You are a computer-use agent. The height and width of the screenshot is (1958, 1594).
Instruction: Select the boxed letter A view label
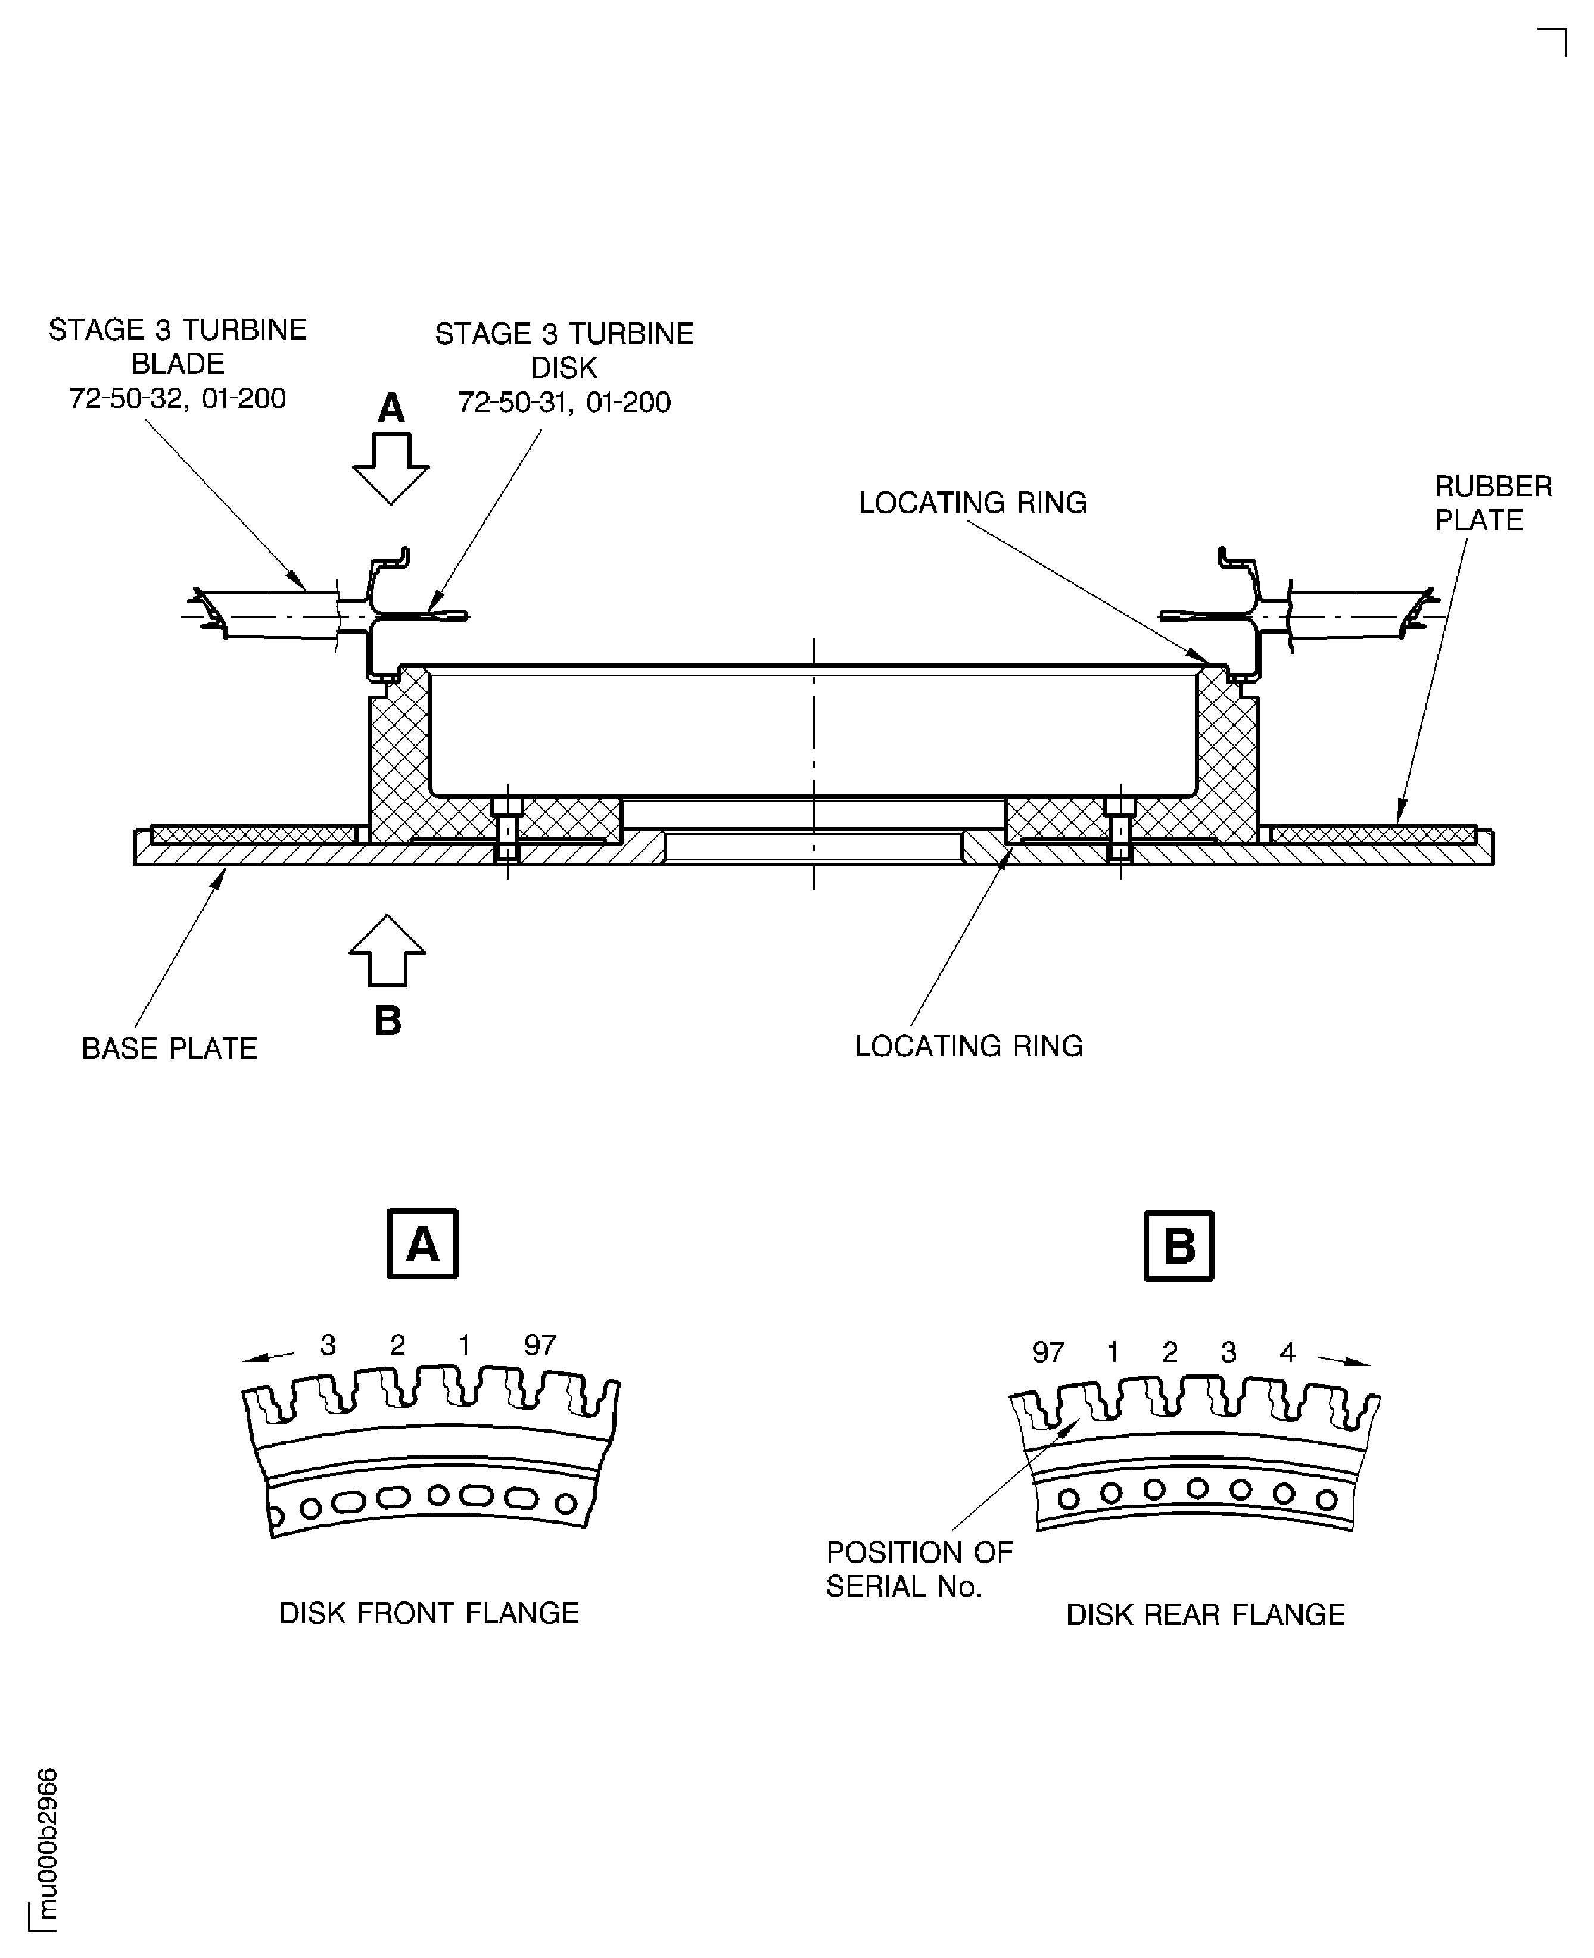coord(422,1245)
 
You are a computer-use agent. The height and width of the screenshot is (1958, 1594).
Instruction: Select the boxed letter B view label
coord(1179,1246)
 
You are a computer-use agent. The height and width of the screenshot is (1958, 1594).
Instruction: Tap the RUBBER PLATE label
coord(1492,503)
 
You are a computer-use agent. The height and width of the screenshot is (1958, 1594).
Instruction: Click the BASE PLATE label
coord(170,1048)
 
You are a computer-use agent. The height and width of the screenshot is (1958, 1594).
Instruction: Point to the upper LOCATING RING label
coord(972,503)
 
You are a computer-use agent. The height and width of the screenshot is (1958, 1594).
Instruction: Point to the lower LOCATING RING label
coord(969,1046)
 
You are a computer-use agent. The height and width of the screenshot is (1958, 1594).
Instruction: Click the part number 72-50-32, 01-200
coord(178,398)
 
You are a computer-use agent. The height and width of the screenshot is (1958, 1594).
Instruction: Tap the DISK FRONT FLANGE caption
coord(429,1613)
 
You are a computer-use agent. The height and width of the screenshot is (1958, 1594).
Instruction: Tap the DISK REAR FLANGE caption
coord(1204,1614)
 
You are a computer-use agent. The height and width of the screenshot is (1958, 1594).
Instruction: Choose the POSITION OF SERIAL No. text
coord(919,1570)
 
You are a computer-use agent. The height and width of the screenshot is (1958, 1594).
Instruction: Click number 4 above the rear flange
coord(1287,1352)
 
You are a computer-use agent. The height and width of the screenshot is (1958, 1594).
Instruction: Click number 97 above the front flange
coord(540,1345)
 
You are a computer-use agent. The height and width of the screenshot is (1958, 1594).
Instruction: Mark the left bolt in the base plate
coord(508,831)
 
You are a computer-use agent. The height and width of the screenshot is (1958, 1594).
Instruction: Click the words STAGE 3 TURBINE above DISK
coord(563,334)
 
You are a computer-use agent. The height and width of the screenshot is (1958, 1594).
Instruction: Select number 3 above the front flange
coord(328,1345)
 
